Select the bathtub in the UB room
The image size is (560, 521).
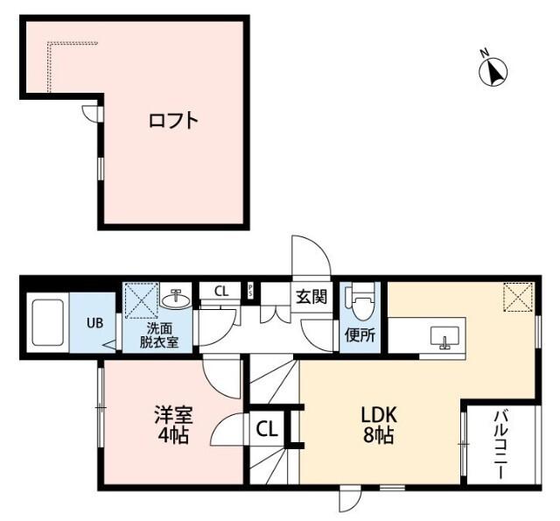tap(49, 322)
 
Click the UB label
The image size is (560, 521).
tap(94, 322)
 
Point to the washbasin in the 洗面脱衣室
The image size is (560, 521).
tap(177, 299)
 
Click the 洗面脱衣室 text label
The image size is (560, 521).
tap(159, 335)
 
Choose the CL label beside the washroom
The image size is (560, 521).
tap(221, 291)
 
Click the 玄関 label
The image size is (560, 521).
tap(311, 296)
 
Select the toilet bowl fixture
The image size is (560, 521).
tap(360, 301)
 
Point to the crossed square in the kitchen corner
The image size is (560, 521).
tap(517, 297)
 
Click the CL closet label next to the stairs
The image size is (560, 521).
tap(268, 429)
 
